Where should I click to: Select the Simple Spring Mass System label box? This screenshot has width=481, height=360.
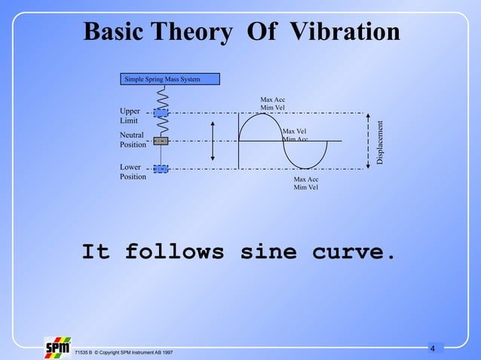coord(170,78)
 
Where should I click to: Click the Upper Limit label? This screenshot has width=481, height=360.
coord(130,116)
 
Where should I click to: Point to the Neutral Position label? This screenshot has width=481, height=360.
coord(133,139)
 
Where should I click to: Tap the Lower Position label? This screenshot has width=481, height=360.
coord(133,172)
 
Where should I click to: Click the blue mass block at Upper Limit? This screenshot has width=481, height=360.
coord(161,112)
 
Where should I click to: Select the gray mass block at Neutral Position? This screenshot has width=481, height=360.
coord(161,141)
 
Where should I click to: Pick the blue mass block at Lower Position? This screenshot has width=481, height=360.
coord(161,169)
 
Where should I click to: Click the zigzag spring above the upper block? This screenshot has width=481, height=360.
coord(161,96)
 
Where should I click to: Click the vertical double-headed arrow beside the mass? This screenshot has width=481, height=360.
coord(213,142)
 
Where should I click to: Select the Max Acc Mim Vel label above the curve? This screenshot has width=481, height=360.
coord(272,104)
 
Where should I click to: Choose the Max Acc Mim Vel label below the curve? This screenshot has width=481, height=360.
coord(306,184)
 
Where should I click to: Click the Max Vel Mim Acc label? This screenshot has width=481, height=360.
coord(295,135)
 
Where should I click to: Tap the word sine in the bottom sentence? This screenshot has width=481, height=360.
coord(268,252)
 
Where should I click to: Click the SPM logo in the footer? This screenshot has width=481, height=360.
coord(57,347)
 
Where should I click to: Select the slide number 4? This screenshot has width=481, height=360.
coord(433,348)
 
